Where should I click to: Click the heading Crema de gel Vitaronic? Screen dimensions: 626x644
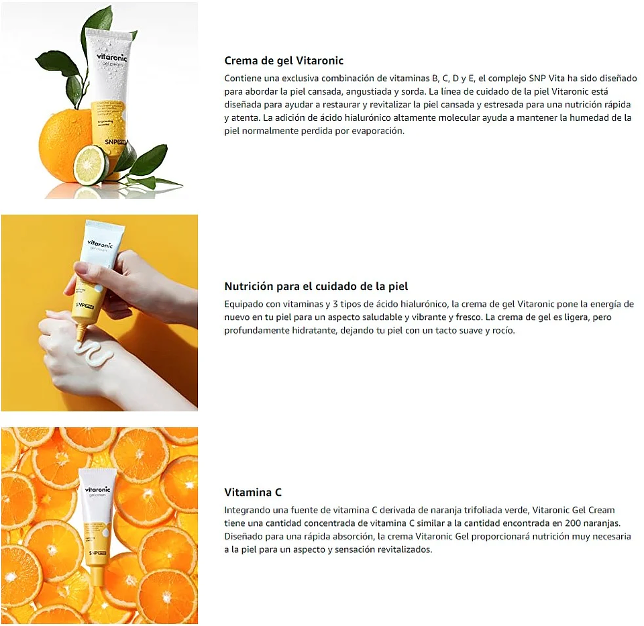point(284,60)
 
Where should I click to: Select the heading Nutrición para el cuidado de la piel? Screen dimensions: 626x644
point(316,286)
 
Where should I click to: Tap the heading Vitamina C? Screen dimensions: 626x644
point(253,492)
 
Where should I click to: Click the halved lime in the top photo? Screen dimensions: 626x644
point(90,164)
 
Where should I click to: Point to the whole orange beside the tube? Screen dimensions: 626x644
point(64,144)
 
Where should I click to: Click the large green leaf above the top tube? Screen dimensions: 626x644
point(97,23)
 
